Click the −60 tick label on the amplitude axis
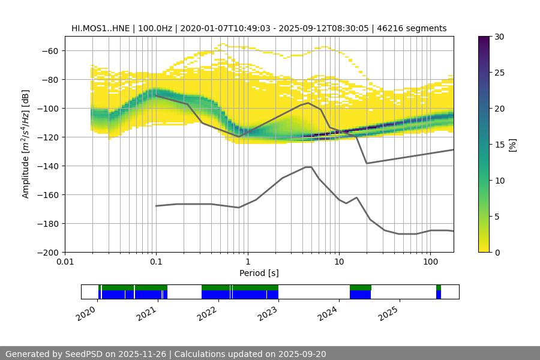(49, 50)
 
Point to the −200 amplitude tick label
(47, 252)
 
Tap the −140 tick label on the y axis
(47, 166)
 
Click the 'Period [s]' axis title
(259, 274)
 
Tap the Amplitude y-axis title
(25, 144)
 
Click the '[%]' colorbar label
(512, 145)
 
